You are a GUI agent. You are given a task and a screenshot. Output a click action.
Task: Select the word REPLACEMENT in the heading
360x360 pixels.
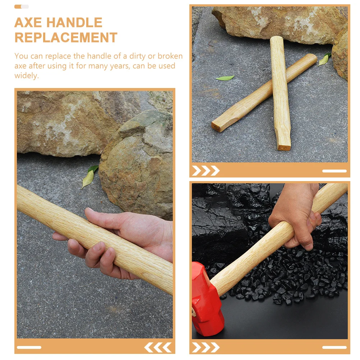66,37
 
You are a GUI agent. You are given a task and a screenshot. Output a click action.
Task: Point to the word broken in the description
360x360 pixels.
170,56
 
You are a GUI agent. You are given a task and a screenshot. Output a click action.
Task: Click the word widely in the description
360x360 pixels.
26,75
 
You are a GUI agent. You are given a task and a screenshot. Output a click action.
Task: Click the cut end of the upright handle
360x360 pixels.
284,147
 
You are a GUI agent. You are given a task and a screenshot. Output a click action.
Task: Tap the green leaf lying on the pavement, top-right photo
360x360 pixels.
225,78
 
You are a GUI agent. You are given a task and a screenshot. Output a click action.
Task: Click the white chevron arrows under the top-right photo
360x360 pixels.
206,171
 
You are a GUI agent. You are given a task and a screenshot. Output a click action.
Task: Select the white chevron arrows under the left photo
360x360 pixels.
158,347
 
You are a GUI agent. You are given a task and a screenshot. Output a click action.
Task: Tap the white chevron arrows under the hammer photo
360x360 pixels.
206,347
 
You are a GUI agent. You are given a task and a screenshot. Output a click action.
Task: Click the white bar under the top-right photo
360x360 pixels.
334,171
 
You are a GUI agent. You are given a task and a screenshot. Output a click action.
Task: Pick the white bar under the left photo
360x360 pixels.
29,347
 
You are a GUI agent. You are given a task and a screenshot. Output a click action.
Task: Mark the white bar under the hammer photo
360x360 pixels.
334,347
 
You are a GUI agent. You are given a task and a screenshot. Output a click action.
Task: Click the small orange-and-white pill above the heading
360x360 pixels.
22,6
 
